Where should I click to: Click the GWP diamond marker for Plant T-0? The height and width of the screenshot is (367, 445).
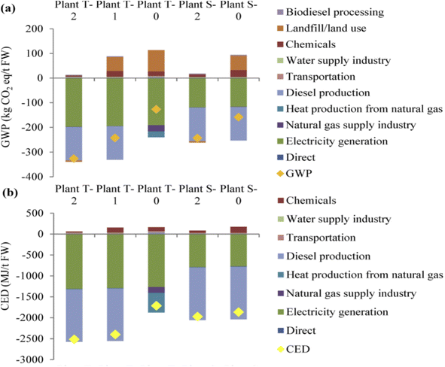click(156, 110)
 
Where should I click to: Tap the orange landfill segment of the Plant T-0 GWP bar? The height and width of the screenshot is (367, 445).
click(156, 60)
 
